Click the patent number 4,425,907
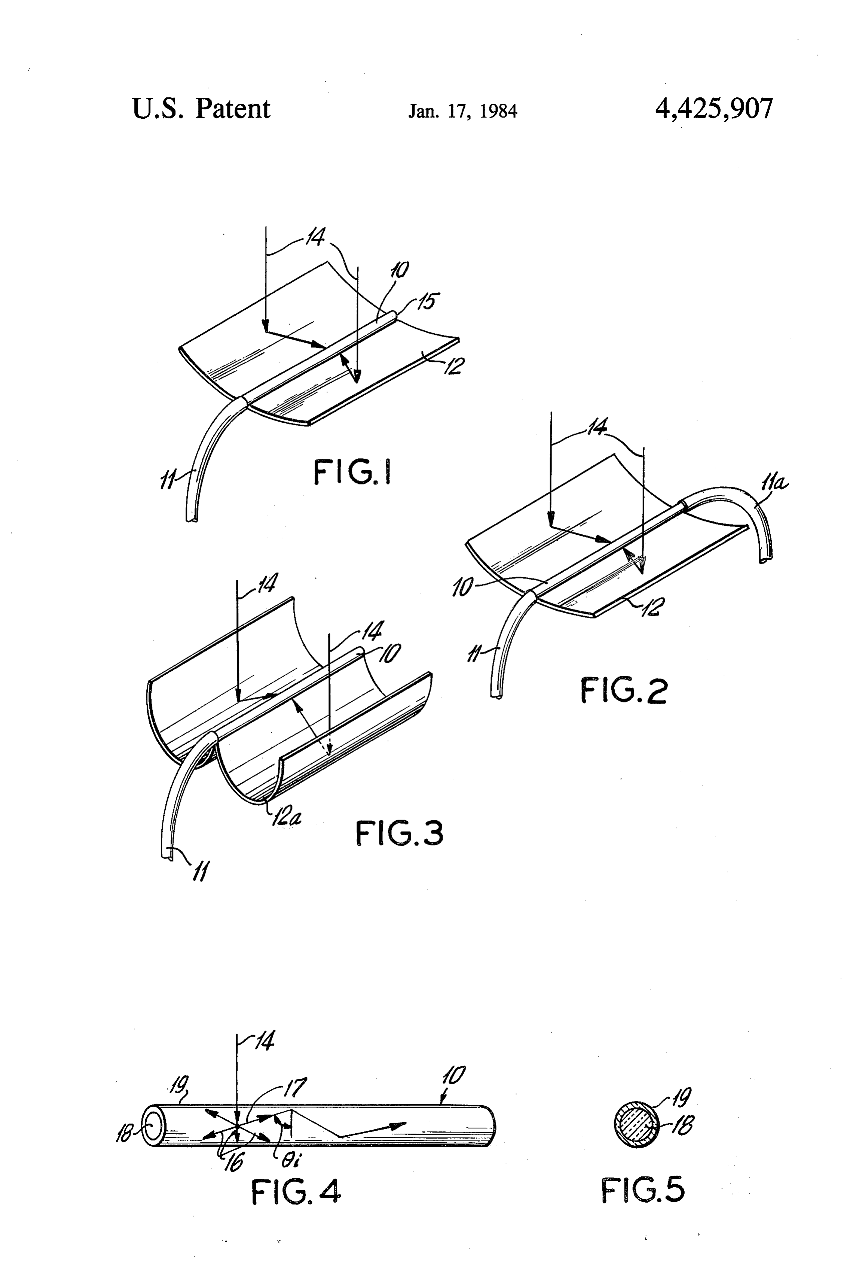coord(714,109)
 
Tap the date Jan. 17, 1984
coord(462,112)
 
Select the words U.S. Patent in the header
coord(201,109)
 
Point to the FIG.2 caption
coord(624,691)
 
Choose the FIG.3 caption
coord(399,833)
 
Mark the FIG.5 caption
coord(643,1190)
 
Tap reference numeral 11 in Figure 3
coord(201,872)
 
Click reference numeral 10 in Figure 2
coord(462,589)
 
